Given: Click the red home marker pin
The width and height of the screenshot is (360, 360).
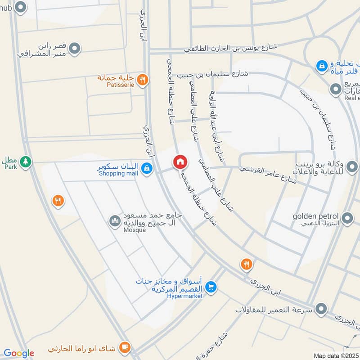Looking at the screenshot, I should [180, 162].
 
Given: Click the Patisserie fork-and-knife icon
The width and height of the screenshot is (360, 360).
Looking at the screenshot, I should [142, 80].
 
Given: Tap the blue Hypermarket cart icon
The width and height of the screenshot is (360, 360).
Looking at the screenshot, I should [210, 287].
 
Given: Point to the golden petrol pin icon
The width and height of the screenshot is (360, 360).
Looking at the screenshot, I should [347, 219].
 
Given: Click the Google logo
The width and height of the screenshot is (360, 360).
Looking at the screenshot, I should [19, 353].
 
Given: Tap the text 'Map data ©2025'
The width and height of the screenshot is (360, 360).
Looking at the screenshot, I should [336, 355].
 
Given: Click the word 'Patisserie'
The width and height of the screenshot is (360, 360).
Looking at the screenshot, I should [118, 84].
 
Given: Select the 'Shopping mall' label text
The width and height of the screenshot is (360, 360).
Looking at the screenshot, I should [118, 174].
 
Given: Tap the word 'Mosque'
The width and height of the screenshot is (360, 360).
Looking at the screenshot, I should [135, 230].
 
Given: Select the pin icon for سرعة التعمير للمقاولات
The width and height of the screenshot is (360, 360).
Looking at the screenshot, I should [321, 309].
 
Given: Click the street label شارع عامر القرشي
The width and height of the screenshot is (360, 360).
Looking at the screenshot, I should [268, 175].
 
